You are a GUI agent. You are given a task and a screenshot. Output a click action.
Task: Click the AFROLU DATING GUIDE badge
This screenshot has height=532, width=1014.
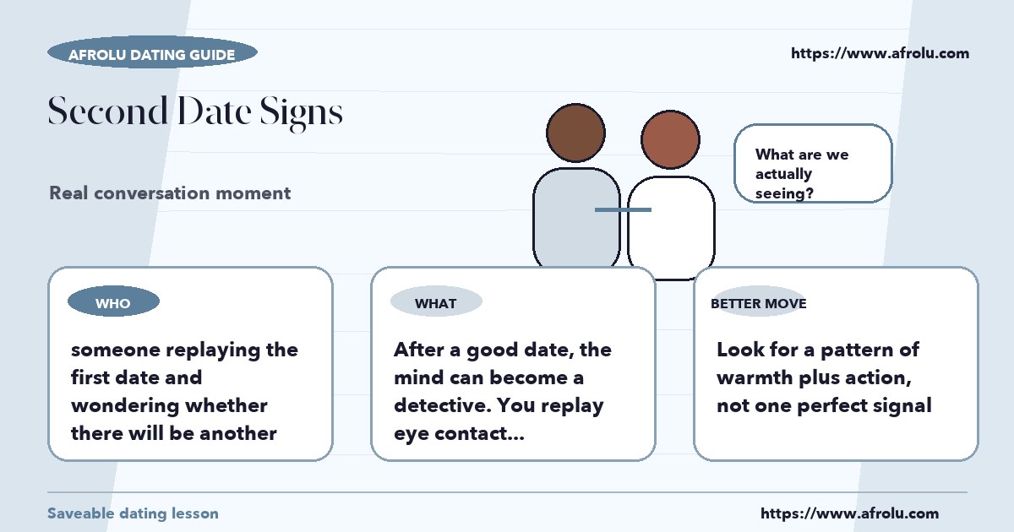tap(153, 52)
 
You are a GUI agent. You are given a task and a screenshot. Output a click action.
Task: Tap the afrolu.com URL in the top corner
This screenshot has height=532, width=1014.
tap(880, 53)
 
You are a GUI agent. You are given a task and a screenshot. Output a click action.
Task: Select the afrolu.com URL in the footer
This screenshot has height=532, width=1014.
tap(850, 513)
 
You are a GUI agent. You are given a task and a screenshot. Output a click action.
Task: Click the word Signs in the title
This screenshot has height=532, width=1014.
tap(301, 112)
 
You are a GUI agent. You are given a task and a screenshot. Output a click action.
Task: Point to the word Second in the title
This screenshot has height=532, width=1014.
tap(108, 111)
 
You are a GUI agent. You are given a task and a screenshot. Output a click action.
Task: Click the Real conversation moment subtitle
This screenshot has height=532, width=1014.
tap(170, 193)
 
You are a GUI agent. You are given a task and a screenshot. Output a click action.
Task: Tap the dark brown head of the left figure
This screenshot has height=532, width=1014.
tap(575, 133)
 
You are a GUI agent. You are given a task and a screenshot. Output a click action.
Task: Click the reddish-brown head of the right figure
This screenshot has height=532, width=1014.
tap(670, 140)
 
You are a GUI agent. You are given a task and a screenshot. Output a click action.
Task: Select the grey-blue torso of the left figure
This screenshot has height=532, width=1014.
tap(576, 218)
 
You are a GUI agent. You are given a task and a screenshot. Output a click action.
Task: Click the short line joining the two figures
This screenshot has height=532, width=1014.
tap(623, 210)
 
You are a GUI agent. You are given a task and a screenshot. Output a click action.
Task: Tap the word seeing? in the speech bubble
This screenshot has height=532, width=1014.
tap(784, 193)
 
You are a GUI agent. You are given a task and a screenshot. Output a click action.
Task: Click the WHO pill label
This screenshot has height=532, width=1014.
tap(113, 301)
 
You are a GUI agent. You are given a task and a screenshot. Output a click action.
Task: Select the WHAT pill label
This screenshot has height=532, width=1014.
tap(436, 301)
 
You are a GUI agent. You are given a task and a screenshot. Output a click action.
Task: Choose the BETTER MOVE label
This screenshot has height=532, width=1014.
tap(759, 303)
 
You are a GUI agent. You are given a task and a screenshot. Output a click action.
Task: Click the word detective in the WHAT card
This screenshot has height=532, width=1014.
tap(443, 405)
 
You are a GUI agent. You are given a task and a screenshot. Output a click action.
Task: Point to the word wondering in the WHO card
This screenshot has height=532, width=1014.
tap(125, 406)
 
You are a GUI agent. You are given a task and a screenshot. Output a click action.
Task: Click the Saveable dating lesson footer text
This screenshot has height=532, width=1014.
tap(134, 513)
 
